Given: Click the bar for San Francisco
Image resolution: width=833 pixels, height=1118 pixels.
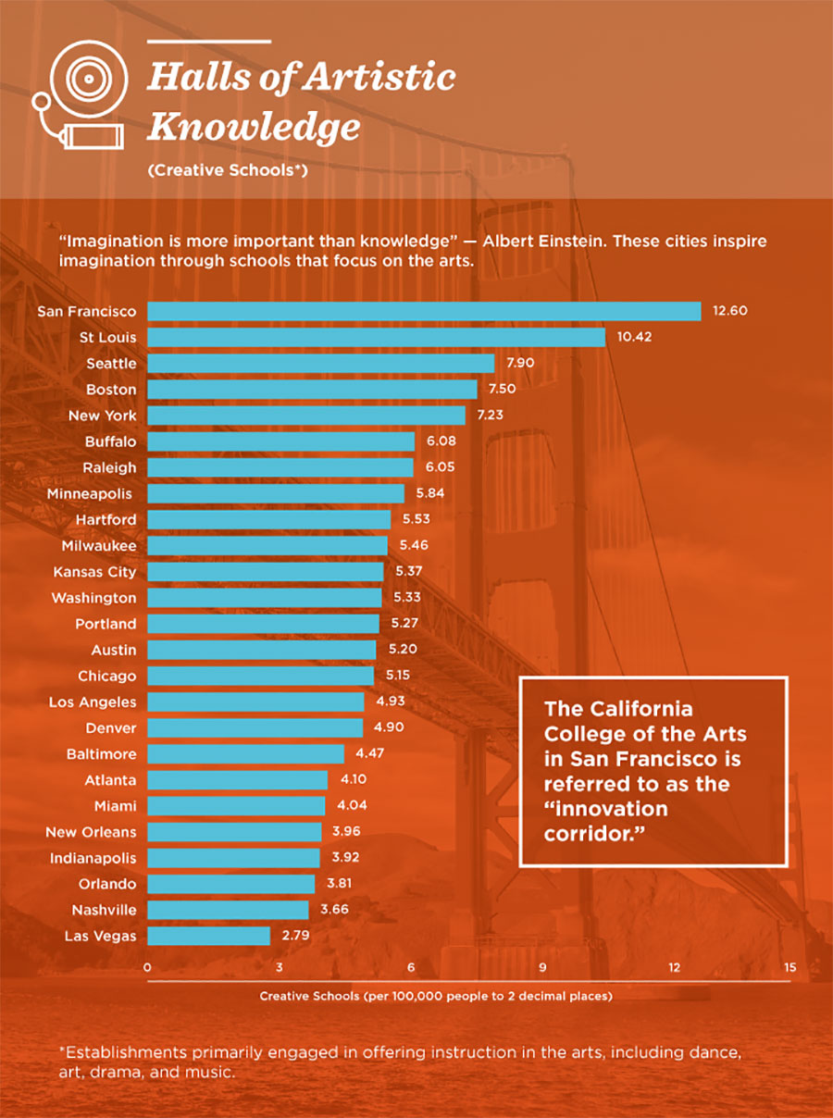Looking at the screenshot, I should click(x=424, y=311).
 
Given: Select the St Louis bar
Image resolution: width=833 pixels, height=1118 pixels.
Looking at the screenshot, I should click(x=376, y=337).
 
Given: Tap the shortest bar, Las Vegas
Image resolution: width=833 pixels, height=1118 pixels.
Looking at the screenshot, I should click(x=208, y=936).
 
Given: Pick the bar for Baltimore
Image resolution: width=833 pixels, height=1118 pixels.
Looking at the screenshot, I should click(x=245, y=753).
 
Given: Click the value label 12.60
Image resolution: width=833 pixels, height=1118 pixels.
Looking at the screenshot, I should click(x=729, y=311).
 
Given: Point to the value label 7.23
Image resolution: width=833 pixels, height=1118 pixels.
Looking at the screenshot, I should click(x=490, y=416).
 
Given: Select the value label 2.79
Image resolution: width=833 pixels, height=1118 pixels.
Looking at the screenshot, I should click(x=296, y=936).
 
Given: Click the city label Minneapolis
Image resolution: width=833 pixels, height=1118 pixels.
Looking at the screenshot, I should click(x=90, y=493).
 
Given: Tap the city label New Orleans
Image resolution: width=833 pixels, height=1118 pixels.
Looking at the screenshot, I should click(x=91, y=832).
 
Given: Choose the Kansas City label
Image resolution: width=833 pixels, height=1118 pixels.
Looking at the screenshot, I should click(x=94, y=572).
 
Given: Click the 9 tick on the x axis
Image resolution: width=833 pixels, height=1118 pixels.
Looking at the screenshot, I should click(x=542, y=968).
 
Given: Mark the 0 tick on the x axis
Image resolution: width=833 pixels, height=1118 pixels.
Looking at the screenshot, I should click(x=148, y=968).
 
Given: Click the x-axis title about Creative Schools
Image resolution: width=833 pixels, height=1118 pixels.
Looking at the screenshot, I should click(x=436, y=997).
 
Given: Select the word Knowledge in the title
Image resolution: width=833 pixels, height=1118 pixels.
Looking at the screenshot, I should click(x=254, y=127).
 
